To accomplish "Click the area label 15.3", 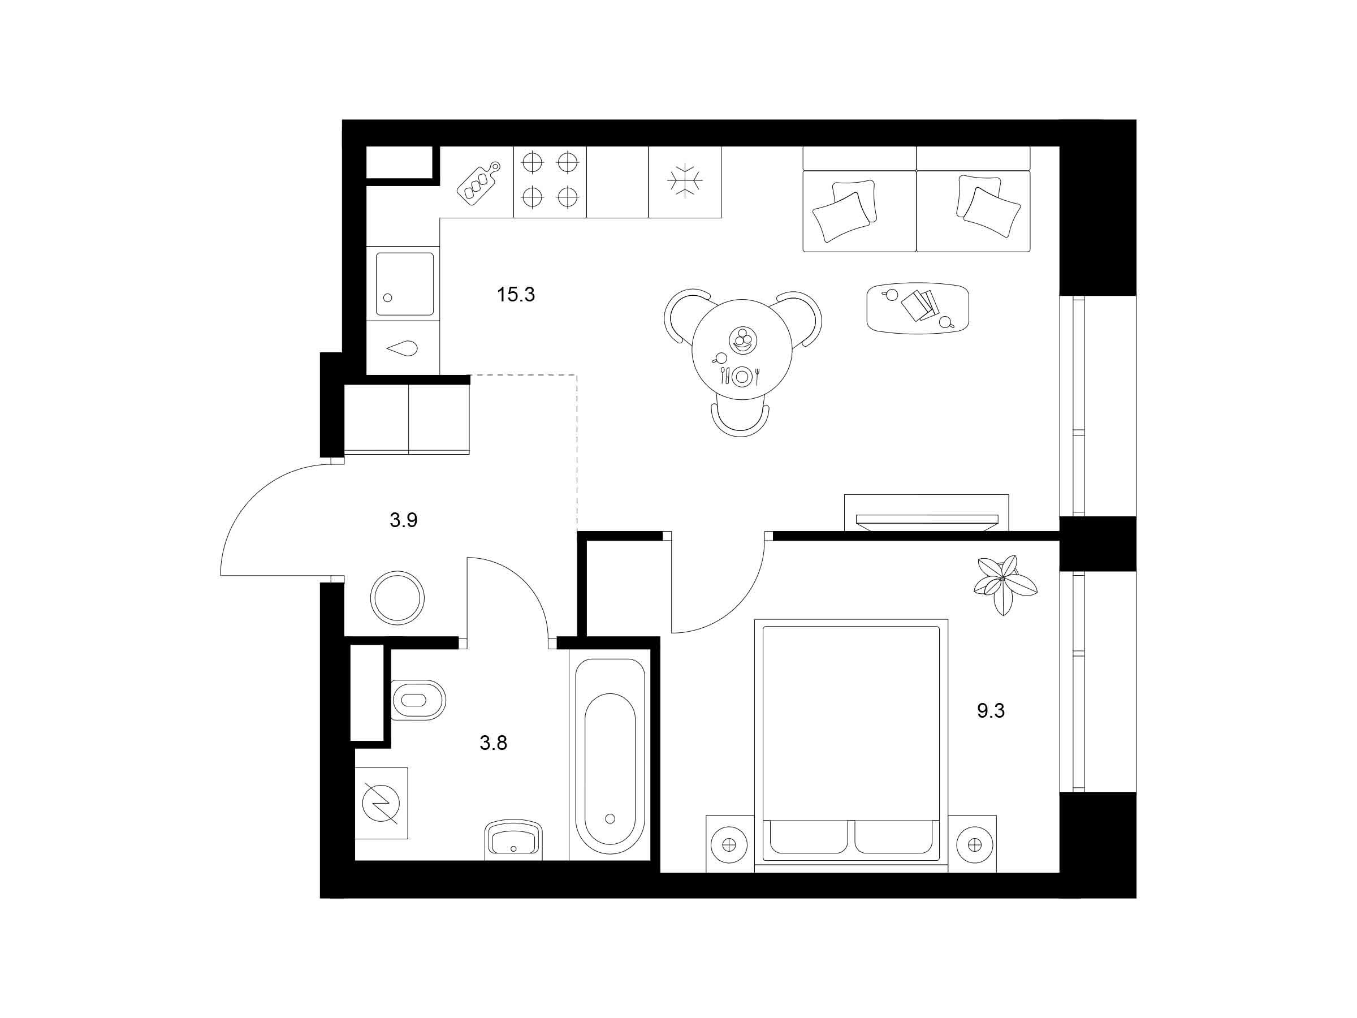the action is (x=516, y=295).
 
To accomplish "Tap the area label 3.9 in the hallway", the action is (x=404, y=520).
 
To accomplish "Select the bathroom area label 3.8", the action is (x=493, y=743).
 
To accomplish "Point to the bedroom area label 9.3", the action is (x=991, y=710).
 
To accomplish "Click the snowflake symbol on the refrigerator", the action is (x=685, y=182).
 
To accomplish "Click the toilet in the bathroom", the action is (x=418, y=700).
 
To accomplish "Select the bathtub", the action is (x=610, y=755).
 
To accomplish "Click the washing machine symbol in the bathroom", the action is (x=381, y=803).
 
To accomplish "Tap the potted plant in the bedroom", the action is (x=1005, y=584).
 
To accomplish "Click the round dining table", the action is (x=742, y=349).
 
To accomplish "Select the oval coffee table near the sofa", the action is (x=918, y=308).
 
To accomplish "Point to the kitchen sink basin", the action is (x=404, y=283).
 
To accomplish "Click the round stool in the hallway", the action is (x=397, y=597).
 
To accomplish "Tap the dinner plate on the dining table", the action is (x=742, y=376).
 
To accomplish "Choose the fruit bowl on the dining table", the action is (x=743, y=339).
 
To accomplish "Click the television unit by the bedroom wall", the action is (x=926, y=512).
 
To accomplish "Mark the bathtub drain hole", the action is (x=610, y=818).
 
